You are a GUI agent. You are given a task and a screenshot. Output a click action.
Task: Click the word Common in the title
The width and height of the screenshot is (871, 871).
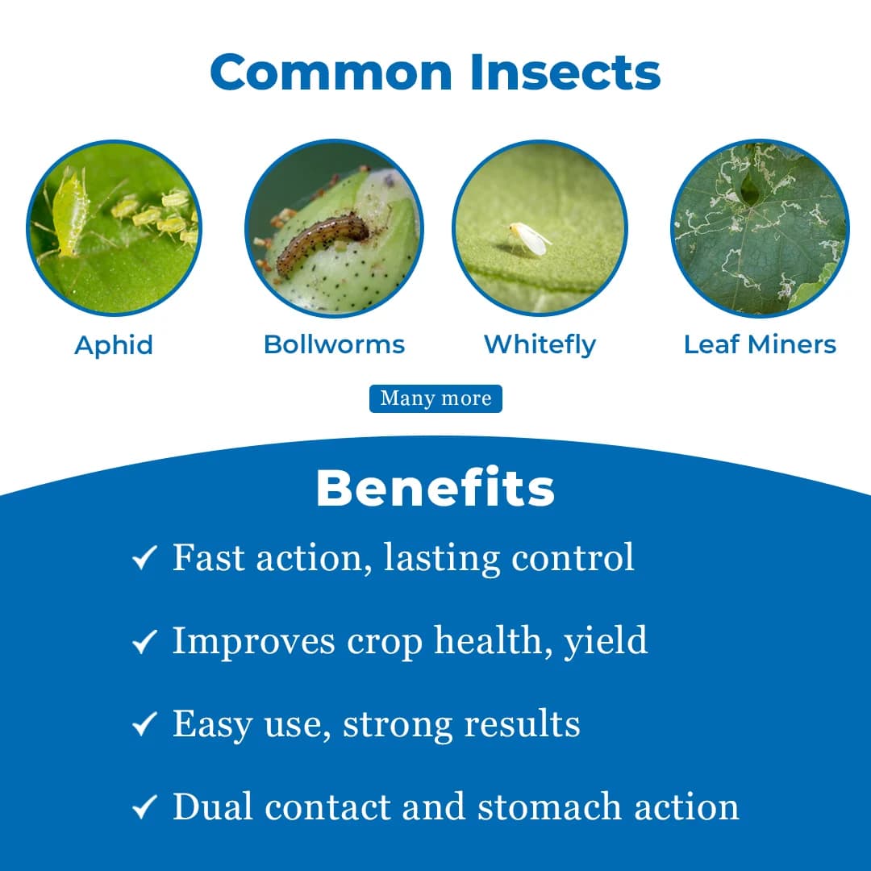click(332, 73)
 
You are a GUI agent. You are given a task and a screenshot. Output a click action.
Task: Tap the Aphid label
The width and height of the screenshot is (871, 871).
click(114, 345)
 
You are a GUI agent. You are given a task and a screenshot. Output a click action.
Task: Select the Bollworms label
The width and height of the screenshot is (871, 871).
click(334, 344)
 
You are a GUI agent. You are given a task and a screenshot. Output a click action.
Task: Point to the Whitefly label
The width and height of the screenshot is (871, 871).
click(540, 344)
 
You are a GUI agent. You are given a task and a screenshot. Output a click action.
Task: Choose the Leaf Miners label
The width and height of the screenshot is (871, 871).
click(760, 344)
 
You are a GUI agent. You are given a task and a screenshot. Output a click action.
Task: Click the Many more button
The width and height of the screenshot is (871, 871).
click(435, 398)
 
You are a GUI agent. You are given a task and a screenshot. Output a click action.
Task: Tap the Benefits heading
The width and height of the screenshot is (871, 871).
click(435, 488)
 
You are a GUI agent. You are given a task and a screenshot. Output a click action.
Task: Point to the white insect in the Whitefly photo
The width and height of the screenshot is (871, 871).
click(531, 239)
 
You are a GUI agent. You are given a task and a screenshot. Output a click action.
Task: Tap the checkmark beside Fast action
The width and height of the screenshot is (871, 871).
click(144, 558)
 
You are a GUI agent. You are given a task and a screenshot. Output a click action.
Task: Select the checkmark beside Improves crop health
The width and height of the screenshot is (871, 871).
click(144, 642)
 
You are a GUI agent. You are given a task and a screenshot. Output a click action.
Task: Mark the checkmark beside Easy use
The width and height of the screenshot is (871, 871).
click(144, 725)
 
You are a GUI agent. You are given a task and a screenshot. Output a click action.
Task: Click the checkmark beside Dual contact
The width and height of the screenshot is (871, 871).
click(144, 808)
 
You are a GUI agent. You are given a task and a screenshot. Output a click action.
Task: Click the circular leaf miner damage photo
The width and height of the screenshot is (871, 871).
click(760, 228)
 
